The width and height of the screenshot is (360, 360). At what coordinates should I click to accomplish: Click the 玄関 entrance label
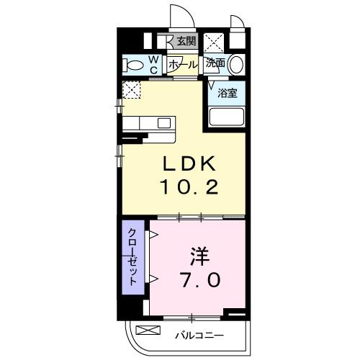pos(187,42)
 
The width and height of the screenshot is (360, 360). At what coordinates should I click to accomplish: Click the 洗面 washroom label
pos(215,63)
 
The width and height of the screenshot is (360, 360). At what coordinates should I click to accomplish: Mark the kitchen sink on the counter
pos(162,122)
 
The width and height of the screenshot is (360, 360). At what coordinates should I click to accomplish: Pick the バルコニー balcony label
pos(199,335)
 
